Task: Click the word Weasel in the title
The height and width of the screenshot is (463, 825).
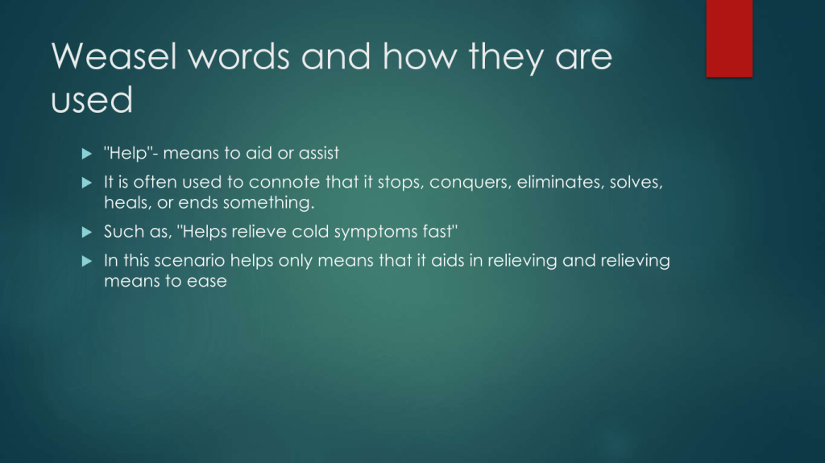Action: coord(114,56)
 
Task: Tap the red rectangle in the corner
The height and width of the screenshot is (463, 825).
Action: coord(729,39)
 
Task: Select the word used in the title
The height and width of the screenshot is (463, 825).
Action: coord(92,99)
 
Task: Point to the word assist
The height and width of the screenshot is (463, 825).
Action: coord(319,153)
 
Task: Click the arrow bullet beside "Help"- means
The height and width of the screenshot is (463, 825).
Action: coord(87,154)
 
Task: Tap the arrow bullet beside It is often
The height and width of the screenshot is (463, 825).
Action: coord(87,183)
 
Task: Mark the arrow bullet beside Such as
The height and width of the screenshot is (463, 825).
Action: coord(87,232)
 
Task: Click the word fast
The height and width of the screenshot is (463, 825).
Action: coord(440,232)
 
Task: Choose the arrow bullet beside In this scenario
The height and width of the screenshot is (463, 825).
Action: coord(87,261)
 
